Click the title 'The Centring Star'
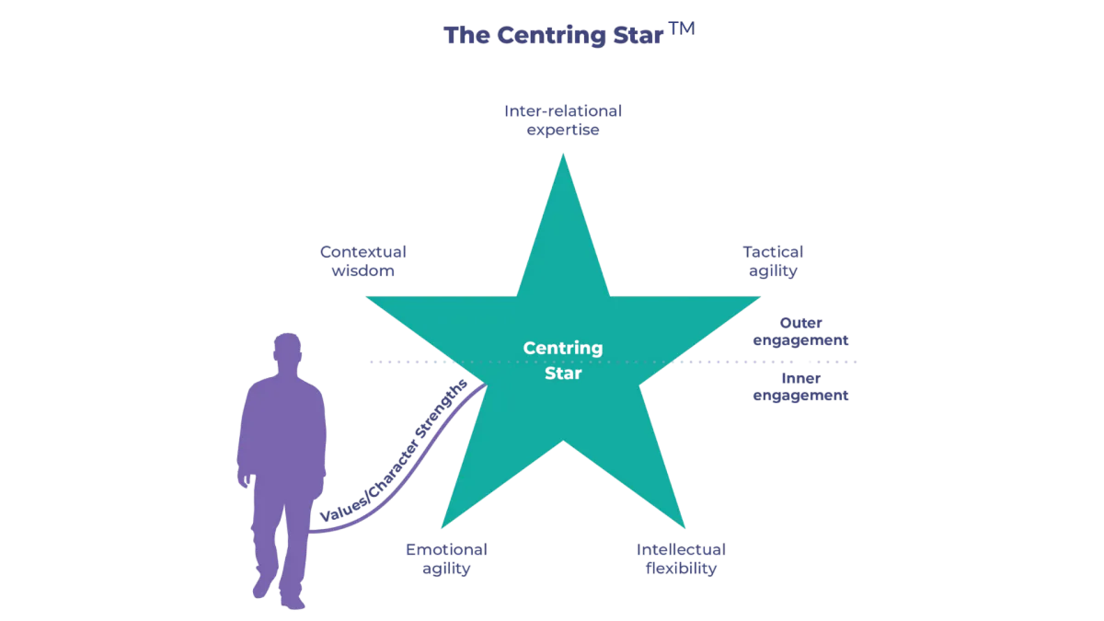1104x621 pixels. [x=554, y=35]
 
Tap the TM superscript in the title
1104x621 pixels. [x=682, y=29]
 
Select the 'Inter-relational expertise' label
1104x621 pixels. [x=563, y=121]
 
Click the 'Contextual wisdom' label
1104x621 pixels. [x=362, y=261]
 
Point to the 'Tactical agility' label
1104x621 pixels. [x=773, y=261]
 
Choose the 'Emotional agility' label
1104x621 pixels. [x=446, y=559]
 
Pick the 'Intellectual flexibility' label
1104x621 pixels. [x=681, y=559]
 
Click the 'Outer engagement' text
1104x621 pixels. [x=801, y=331]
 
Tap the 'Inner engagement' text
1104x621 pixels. [x=801, y=386]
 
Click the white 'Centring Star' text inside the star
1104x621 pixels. [x=563, y=361]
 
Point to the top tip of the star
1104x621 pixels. [x=563, y=155]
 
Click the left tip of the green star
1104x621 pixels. [x=367, y=297]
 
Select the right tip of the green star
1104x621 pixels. [x=760, y=297]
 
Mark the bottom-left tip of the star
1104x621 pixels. [x=443, y=527]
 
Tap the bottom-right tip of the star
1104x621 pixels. [x=684, y=527]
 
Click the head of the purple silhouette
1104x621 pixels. [x=287, y=350]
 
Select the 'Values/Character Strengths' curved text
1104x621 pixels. [x=395, y=450]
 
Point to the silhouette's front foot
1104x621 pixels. [x=293, y=602]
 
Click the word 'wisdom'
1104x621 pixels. [x=362, y=270]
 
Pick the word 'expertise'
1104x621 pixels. [x=563, y=130]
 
